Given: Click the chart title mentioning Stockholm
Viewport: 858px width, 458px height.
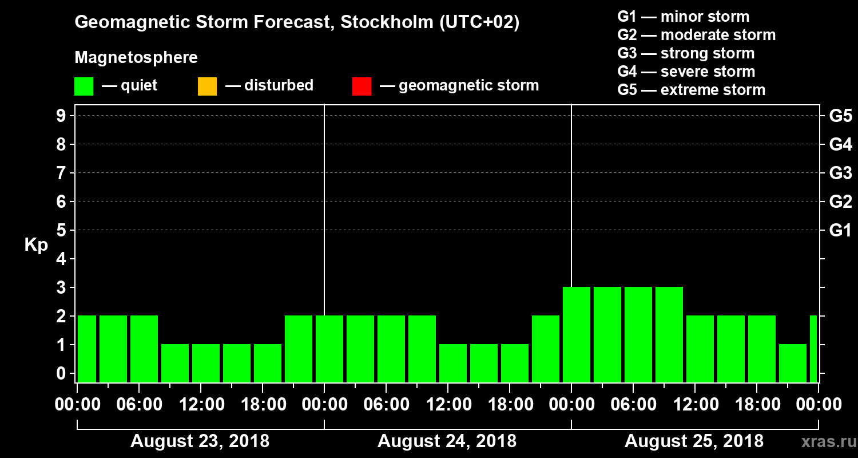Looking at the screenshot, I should (x=297, y=23).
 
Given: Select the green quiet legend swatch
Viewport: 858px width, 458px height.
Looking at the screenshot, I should (x=84, y=86).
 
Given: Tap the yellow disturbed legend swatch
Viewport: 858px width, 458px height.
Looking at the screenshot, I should (x=207, y=86).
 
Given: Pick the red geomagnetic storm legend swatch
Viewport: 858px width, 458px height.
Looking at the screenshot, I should (x=362, y=86).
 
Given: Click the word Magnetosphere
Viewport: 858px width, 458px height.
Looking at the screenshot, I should (x=136, y=58).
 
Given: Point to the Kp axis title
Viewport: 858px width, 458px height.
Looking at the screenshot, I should (x=36, y=244).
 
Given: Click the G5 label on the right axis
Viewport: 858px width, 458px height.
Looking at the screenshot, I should (x=840, y=116).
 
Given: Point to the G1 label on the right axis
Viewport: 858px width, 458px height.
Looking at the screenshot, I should (x=840, y=231).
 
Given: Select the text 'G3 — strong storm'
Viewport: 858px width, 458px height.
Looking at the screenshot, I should (x=686, y=54).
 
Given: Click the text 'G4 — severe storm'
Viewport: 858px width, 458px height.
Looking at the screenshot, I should (x=686, y=72).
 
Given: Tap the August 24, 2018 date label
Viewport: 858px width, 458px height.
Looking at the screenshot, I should (x=447, y=441).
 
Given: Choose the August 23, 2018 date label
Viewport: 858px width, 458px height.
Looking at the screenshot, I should (x=200, y=441).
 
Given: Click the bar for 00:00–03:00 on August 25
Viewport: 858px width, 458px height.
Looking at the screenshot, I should (x=577, y=334).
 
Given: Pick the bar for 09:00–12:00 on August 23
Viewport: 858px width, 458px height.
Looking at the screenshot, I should (x=175, y=363).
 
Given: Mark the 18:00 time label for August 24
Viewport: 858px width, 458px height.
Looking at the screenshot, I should (x=510, y=405).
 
